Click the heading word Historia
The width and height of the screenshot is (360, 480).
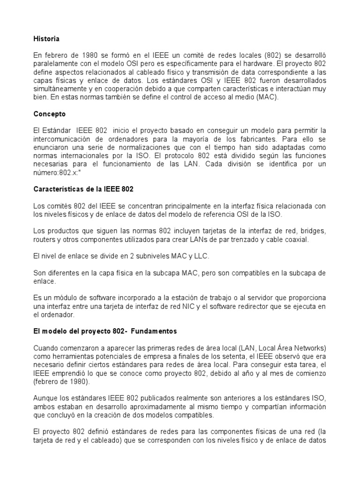pos(47,39)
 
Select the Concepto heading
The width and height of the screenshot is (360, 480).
pos(50,114)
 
